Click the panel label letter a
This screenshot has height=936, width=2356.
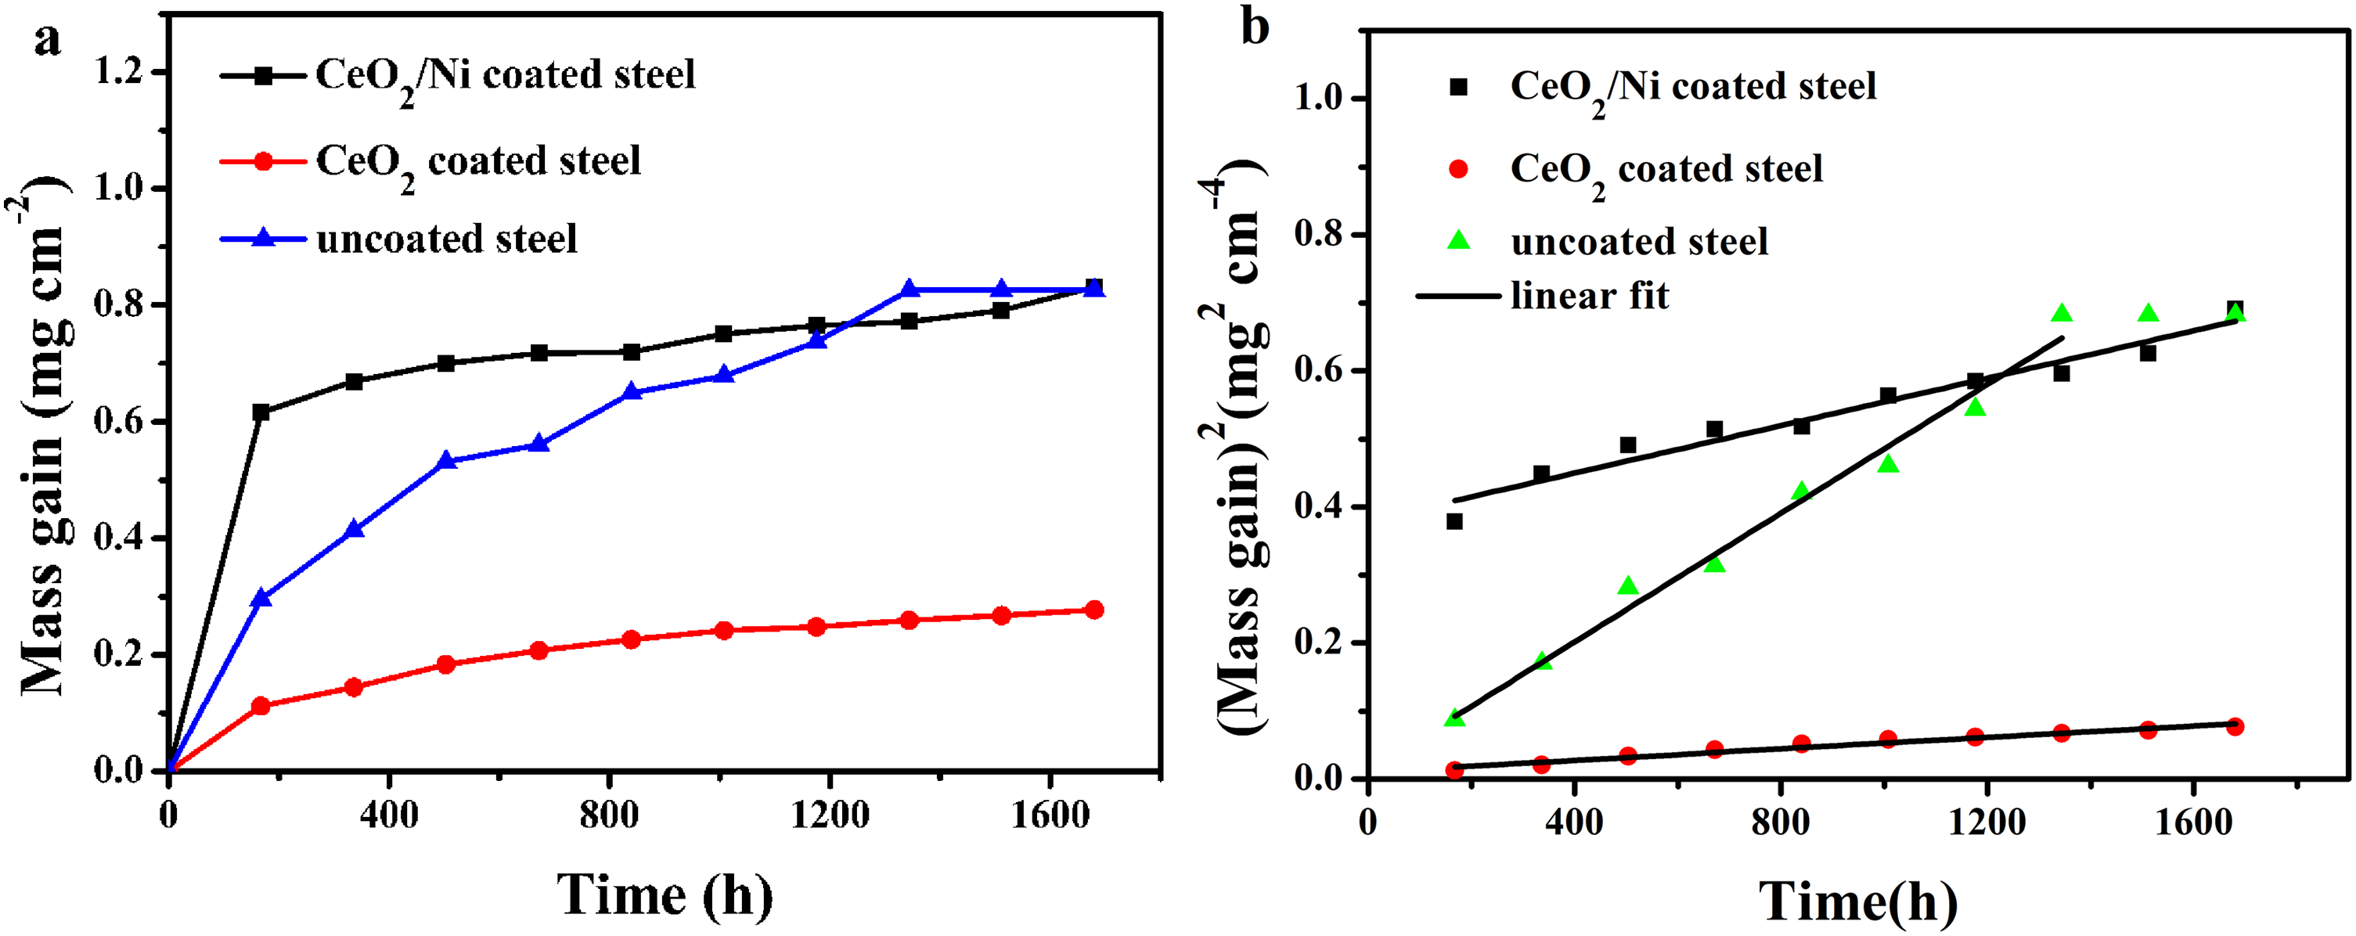tap(48, 41)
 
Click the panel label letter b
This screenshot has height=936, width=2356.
tap(1255, 27)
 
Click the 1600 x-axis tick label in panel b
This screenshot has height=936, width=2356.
tap(2193, 822)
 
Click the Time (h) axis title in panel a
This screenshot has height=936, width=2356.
tap(665, 894)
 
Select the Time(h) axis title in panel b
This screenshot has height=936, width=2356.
tap(1858, 902)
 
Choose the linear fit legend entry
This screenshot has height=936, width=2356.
tap(1543, 296)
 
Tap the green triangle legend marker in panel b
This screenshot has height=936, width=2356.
tap(1459, 240)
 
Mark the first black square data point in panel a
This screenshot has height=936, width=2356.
tap(261, 412)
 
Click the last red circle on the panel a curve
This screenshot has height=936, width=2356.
tap(1094, 610)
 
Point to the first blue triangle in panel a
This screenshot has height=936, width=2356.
tap(261, 598)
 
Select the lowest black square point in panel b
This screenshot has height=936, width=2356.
tap(1454, 522)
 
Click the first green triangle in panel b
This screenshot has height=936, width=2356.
tap(1454, 718)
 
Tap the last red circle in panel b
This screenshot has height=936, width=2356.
tap(2235, 727)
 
